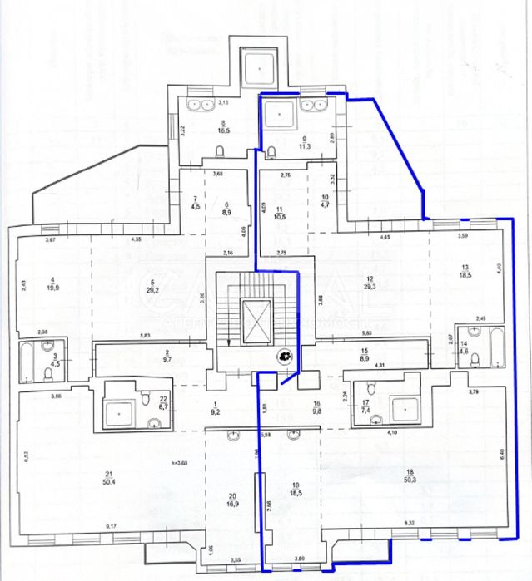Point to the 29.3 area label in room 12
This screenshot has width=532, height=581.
click(x=370, y=283)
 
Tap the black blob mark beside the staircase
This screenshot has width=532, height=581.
click(x=285, y=356)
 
